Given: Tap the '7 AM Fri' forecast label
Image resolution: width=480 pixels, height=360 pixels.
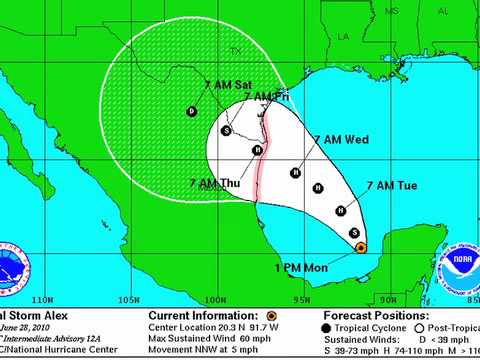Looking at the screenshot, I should pos(269,96).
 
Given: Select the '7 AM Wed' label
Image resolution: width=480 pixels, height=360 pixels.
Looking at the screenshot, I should pos(342,141).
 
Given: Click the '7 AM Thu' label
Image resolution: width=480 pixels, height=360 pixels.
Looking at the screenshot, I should pos(212,183).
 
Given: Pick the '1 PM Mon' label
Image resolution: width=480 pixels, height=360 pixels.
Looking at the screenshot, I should pos(301,268).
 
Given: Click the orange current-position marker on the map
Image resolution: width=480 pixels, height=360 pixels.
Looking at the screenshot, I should pos(361,247).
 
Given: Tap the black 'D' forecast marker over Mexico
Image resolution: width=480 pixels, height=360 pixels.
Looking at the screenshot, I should pos(191,111).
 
